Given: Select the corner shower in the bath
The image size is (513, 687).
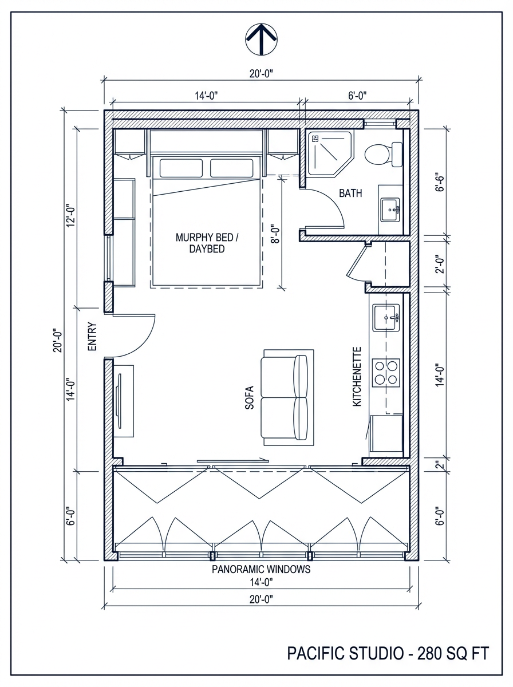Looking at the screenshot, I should coord(329,152).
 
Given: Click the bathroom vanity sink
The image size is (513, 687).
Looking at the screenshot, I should coord(392,208).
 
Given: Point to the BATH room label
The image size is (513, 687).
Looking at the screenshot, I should coord(350,194).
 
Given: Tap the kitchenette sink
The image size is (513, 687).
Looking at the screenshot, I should coord(386,318).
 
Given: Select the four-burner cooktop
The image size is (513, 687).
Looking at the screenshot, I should coord(385,372).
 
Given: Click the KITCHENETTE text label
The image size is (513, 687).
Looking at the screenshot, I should coord(357,376).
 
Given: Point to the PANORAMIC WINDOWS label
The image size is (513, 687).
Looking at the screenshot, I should coord(261,570).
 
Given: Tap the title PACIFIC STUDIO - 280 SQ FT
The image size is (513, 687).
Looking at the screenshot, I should coord(388,653).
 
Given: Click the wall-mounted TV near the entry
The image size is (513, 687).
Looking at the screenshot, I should coord(121,401).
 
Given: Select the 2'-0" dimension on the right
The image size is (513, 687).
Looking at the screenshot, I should coord(439,264).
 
